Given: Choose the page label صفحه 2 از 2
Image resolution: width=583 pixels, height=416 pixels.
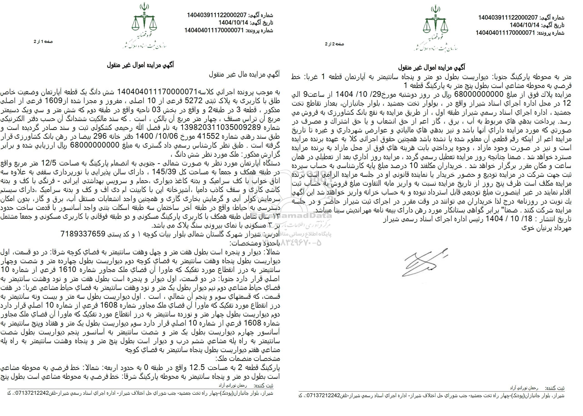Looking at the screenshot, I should [334, 44].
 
